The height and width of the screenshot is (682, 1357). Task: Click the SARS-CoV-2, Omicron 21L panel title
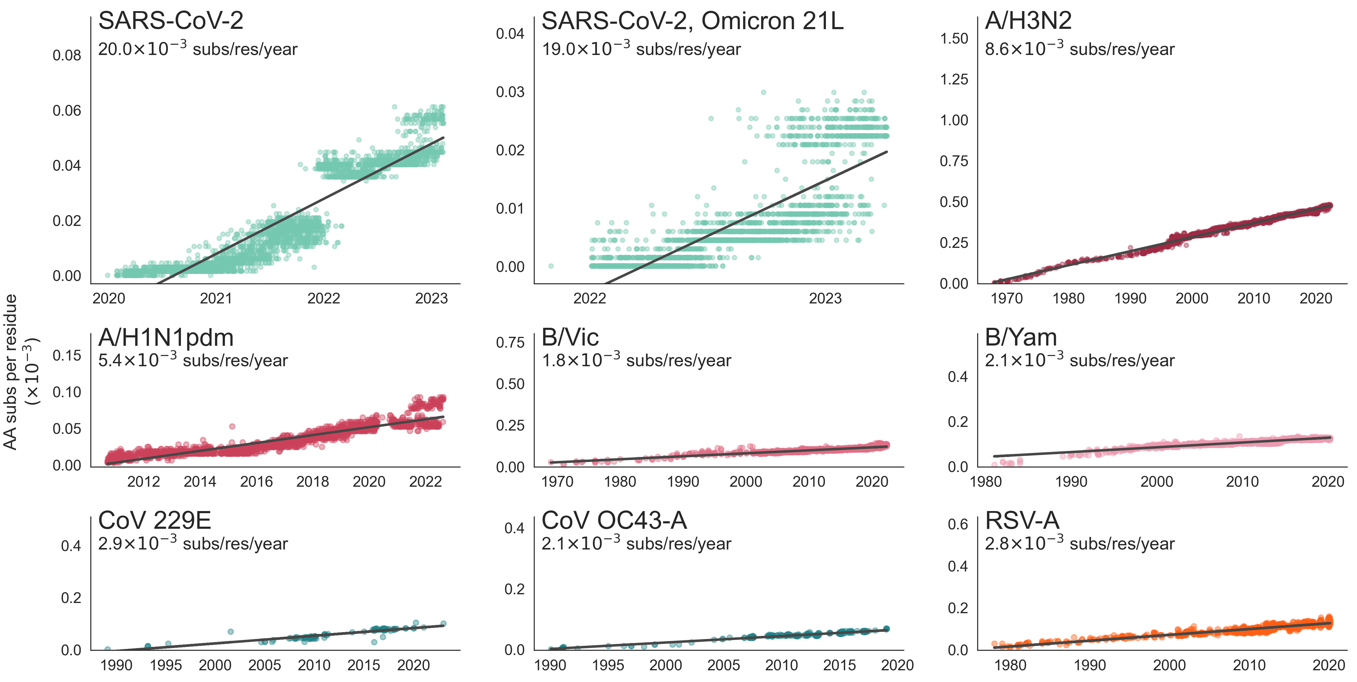click(x=692, y=21)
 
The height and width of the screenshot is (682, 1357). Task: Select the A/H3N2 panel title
click(x=1028, y=21)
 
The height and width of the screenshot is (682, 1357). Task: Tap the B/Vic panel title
click(x=570, y=337)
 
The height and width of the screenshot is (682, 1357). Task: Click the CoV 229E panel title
click(x=154, y=521)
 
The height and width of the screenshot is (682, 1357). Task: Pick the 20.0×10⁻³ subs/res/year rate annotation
click(x=198, y=49)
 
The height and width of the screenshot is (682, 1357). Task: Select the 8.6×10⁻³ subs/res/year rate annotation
click(x=1079, y=49)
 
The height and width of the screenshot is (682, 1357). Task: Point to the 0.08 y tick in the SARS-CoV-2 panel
click(x=67, y=55)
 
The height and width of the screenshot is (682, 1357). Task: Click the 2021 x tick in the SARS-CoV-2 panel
click(x=216, y=298)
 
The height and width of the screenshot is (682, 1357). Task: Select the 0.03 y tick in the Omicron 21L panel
click(x=510, y=92)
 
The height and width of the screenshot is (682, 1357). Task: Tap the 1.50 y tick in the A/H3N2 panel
click(x=954, y=38)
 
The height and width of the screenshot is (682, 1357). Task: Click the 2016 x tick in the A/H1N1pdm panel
click(x=256, y=481)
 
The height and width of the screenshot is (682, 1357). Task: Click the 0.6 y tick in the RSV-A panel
click(x=958, y=524)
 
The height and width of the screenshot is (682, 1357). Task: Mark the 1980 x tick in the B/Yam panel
click(x=986, y=481)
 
